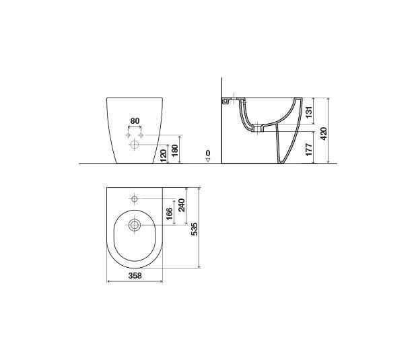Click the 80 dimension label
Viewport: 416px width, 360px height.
click(x=135, y=121)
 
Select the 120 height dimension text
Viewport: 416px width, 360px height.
click(x=164, y=155)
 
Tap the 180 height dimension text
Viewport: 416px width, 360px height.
click(x=175, y=150)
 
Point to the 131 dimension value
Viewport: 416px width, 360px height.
click(x=309, y=112)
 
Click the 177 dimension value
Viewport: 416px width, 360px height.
click(x=309, y=150)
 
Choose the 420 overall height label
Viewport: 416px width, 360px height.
click(x=324, y=134)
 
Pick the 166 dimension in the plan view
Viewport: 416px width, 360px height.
click(x=169, y=214)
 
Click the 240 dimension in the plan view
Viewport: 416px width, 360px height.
click(x=182, y=205)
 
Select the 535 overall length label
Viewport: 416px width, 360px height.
click(x=195, y=229)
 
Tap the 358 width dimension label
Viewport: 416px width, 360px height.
click(x=135, y=276)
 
